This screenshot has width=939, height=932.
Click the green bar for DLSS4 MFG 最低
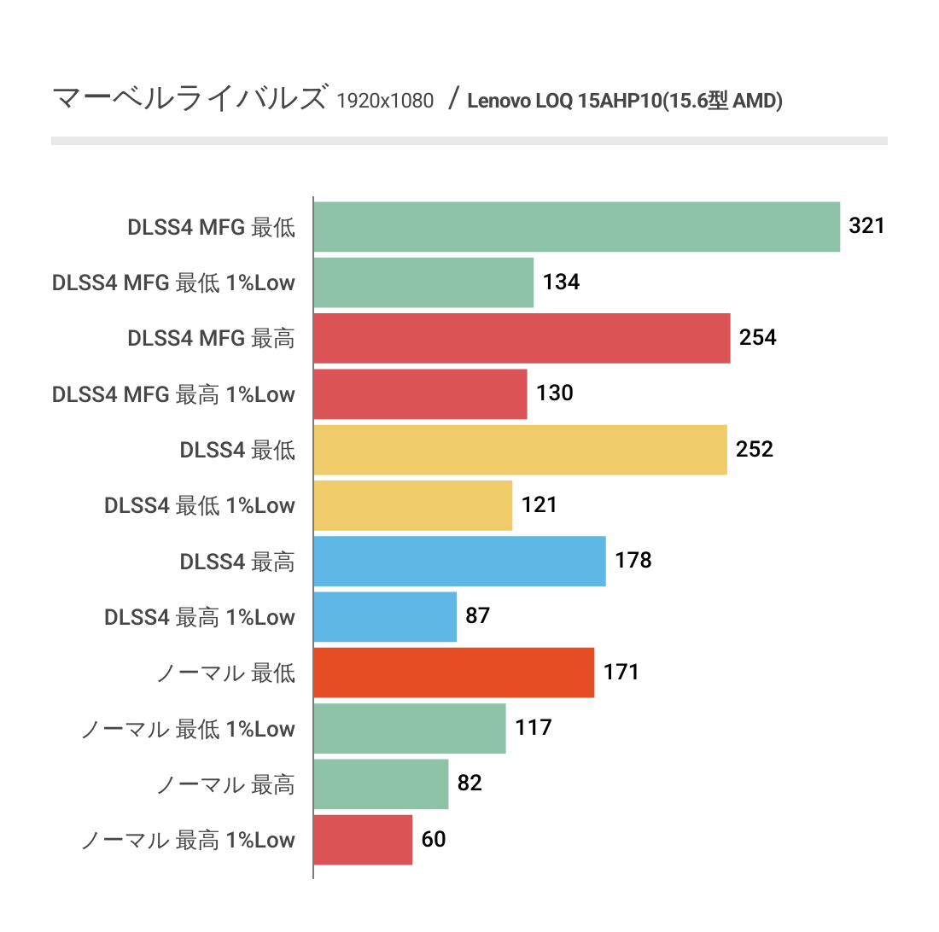coord(576,227)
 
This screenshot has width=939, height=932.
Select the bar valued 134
coord(423,283)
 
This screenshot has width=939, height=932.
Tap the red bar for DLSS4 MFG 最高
coord(522,338)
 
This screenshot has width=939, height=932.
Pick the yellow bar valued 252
coord(520,450)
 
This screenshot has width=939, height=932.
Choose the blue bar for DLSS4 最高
coord(459,561)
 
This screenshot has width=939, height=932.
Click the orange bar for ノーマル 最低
coord(453,673)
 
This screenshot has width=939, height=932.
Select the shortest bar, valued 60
coord(363,840)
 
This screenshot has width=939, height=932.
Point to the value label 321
coord(866,226)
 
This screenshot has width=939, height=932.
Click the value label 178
coord(633,560)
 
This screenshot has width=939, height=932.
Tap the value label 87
coord(478,615)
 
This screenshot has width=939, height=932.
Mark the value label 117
coord(534,727)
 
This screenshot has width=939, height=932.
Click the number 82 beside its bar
coord(469,783)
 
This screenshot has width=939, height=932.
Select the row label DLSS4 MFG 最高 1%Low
coord(173,394)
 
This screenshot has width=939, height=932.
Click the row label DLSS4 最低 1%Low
coord(200,505)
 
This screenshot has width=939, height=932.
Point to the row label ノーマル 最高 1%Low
coord(188,840)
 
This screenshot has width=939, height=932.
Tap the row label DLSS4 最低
coord(237,450)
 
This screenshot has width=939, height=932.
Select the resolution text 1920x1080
coord(385,102)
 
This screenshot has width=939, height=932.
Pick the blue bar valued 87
coord(385,617)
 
